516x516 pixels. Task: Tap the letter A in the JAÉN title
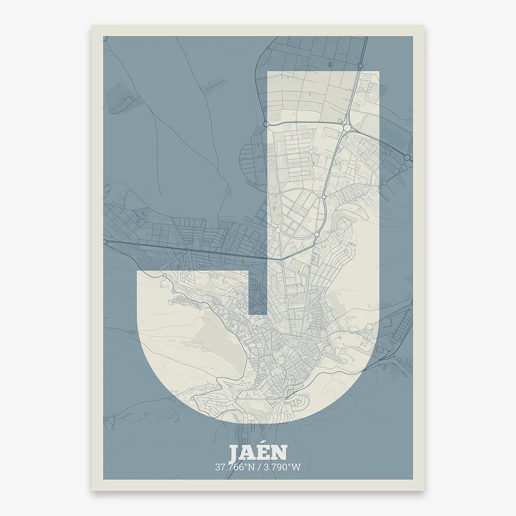[x=248, y=454]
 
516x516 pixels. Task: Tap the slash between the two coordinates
[x=259, y=467]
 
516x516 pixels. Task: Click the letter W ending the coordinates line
[x=296, y=467]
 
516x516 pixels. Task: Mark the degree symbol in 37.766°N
[x=247, y=465]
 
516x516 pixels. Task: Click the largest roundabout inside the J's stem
[x=347, y=128]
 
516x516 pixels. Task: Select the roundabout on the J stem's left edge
[x=267, y=123]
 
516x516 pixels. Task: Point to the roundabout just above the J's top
[x=361, y=66]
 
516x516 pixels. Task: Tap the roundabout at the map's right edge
[x=407, y=158]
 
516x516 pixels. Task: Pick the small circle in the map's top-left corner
[x=105, y=38]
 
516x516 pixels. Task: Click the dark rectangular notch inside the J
[x=257, y=292]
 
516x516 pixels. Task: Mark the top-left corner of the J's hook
[x=138, y=272]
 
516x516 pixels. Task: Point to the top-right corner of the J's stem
[x=378, y=72]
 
